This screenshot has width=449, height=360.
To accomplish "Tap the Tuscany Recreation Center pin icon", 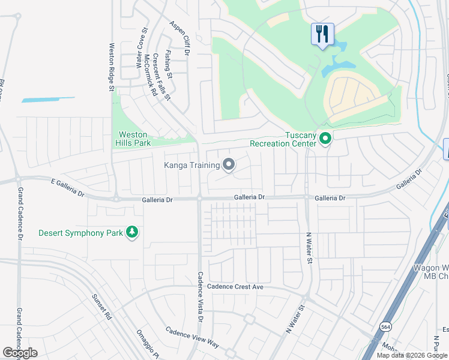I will [325, 139].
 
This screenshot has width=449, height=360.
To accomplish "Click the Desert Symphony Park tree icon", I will [131, 232].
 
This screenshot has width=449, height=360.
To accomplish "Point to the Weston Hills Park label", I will [132, 139].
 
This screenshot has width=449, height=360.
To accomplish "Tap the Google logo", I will [20, 353].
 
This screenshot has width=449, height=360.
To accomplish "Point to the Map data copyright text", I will [412, 355].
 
